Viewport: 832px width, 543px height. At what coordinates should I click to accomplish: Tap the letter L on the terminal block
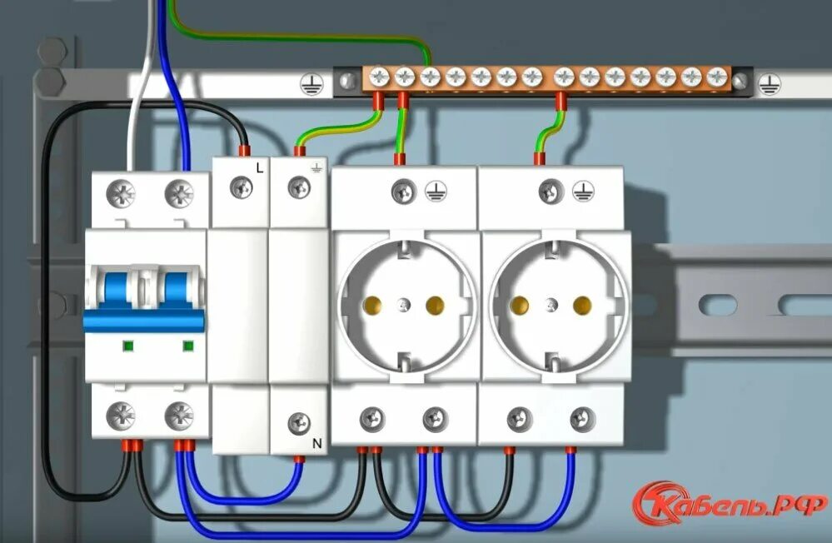point(260,168)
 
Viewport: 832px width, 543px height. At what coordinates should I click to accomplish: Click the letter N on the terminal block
point(316,444)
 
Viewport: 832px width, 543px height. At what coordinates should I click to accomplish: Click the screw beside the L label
point(242,188)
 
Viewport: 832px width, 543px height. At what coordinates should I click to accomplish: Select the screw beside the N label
point(298,424)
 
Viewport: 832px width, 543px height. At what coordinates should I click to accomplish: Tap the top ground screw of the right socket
point(549,191)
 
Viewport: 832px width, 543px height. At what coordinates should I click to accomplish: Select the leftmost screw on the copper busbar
point(379,78)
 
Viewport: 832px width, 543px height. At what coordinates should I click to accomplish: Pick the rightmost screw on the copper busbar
point(715,78)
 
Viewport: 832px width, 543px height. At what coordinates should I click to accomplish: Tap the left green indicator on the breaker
point(128,345)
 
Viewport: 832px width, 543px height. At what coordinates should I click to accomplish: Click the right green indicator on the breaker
point(188,345)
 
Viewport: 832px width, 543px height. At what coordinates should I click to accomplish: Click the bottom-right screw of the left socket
point(434,416)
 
